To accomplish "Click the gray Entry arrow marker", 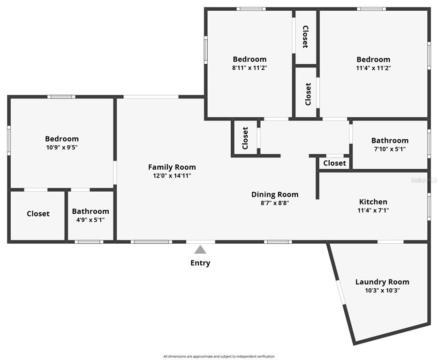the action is click(x=200, y=250).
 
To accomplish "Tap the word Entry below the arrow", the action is click(x=200, y=263).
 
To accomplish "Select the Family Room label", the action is click(x=172, y=167).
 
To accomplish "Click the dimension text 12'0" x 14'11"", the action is click(x=172, y=176).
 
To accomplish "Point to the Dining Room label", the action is click(x=275, y=195).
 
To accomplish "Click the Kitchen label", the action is click(x=373, y=202).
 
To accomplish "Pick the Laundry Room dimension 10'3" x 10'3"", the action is click(x=382, y=291).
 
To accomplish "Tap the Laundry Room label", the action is click(x=382, y=282).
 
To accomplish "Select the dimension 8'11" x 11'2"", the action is click(x=249, y=68).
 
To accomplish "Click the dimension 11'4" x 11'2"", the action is click(x=373, y=68).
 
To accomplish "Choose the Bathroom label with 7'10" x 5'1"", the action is click(x=390, y=141).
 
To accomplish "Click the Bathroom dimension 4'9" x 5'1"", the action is click(x=91, y=220).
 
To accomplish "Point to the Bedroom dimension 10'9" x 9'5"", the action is click(x=62, y=147).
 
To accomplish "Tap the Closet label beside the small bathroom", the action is click(x=38, y=214).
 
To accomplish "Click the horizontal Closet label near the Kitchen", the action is click(x=334, y=163).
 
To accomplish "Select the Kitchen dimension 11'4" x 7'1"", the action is click(x=373, y=210).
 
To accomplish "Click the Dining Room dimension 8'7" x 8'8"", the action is click(x=275, y=203).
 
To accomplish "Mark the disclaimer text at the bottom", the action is click(x=219, y=356).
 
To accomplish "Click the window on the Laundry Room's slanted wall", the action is click(x=340, y=292).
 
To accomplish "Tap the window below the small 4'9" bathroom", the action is click(x=89, y=242).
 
